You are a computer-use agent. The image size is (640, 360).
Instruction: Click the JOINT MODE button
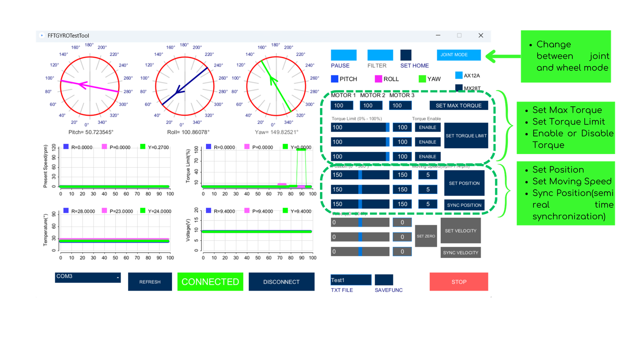[458, 55]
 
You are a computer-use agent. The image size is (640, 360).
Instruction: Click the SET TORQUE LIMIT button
[466, 136]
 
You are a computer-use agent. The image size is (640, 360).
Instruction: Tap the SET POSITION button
[464, 183]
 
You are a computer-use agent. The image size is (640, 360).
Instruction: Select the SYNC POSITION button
[464, 205]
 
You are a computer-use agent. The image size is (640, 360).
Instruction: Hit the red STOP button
[459, 282]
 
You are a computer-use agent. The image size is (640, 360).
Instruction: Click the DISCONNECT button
[281, 282]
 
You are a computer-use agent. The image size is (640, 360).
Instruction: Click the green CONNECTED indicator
[210, 282]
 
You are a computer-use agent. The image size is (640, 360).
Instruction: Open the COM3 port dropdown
[88, 277]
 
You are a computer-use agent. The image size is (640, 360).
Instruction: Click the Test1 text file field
[351, 280]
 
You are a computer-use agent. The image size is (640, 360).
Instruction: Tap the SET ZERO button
[426, 236]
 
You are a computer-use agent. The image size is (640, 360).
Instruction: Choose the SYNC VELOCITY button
[460, 252]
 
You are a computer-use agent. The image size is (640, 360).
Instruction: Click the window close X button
[481, 36]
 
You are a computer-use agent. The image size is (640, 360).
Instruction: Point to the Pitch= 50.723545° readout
[91, 132]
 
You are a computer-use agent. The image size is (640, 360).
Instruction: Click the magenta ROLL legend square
[378, 79]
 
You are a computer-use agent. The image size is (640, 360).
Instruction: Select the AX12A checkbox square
[459, 75]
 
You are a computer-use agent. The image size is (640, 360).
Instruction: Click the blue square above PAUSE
[344, 55]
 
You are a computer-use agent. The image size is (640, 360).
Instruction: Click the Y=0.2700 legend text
[158, 147]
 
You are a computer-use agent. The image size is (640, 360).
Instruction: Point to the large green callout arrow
[502, 56]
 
